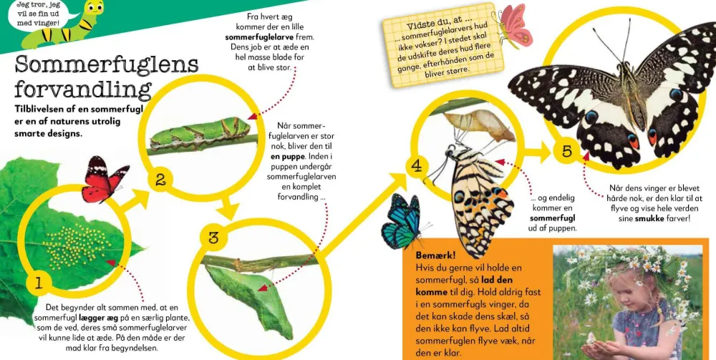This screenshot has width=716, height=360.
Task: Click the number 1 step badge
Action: click(x=38, y=284)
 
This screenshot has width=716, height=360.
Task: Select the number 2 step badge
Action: click(x=160, y=180)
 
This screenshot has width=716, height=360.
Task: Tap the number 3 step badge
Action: click(x=213, y=238)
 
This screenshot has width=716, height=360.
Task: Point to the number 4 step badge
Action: click(x=417, y=167)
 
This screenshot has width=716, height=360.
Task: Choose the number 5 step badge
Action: click(x=566, y=151)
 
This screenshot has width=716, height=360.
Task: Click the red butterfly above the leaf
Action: click(x=105, y=180)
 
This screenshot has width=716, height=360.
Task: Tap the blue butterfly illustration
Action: click(x=403, y=222)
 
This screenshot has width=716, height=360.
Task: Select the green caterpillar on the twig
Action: click(x=200, y=133)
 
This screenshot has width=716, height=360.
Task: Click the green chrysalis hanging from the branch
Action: click(x=250, y=299)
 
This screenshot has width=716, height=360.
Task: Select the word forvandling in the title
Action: click(x=82, y=90)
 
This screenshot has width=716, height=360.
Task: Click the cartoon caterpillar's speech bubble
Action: click(x=39, y=14)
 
